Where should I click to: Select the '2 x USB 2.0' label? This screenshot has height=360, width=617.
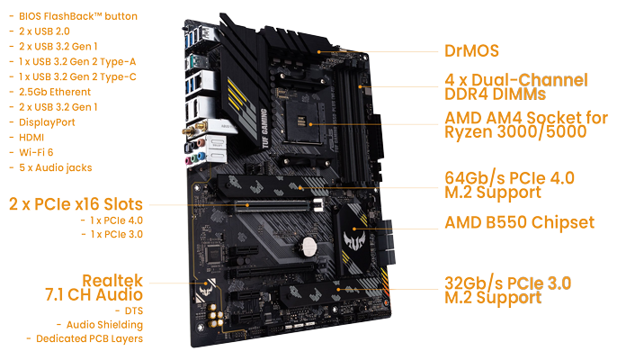pyautogui.click(x=45, y=31)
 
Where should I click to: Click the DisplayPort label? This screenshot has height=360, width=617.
pyautogui.click(x=43, y=121)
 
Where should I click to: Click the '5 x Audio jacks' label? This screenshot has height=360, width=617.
pyautogui.click(x=55, y=167)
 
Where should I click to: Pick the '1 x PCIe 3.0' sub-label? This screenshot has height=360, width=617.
pyautogui.click(x=117, y=234)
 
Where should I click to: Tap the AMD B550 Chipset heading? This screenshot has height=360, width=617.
pyautogui.click(x=520, y=222)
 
